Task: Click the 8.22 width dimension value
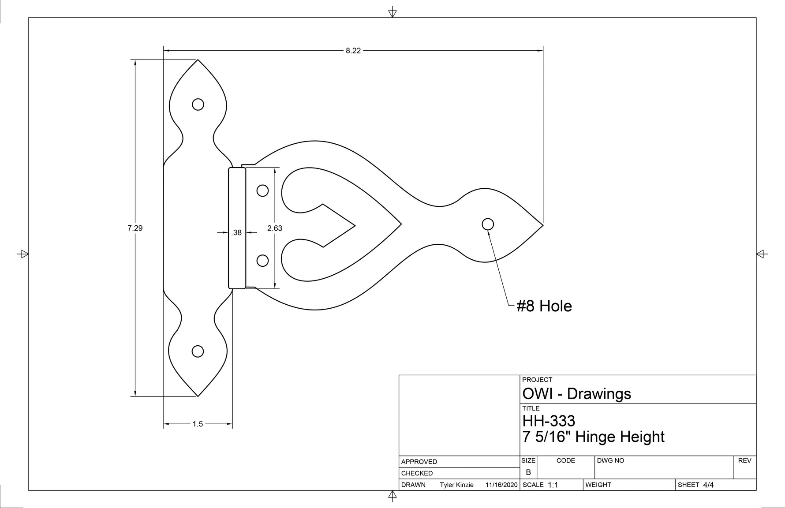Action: [353, 51]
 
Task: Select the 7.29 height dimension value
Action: [135, 228]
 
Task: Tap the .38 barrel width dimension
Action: [237, 232]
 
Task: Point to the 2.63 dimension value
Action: [275, 228]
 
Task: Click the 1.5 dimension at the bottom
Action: [198, 424]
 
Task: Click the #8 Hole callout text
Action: [544, 306]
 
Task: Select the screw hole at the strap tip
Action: [488, 224]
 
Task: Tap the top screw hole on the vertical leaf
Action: [198, 105]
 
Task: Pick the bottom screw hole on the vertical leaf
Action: [198, 351]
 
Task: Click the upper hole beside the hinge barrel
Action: [262, 190]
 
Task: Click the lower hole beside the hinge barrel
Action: [262, 261]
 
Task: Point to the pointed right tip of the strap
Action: [542, 225]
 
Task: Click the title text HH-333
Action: [549, 420]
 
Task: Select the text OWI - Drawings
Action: [576, 393]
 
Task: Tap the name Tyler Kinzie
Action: [456, 485]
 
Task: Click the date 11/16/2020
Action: [501, 485]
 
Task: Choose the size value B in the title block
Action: [528, 472]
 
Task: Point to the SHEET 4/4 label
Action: [695, 485]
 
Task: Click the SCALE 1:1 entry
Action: [540, 485]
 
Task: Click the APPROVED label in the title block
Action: [419, 462]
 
